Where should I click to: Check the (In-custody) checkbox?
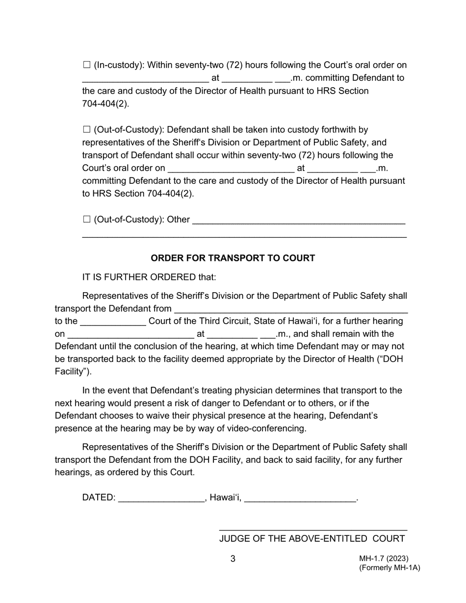click(x=87, y=65)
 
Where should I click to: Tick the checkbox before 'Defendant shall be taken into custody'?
click(x=87, y=129)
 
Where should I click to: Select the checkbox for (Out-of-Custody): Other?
click(x=87, y=219)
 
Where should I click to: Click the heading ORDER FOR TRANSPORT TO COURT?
click(x=233, y=258)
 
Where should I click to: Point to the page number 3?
click(x=233, y=558)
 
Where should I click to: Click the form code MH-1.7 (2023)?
click(x=384, y=558)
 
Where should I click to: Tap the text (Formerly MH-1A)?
click(x=389, y=568)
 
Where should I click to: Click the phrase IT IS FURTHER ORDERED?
click(x=139, y=277)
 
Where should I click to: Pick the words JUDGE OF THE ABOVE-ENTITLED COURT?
click(x=311, y=538)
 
